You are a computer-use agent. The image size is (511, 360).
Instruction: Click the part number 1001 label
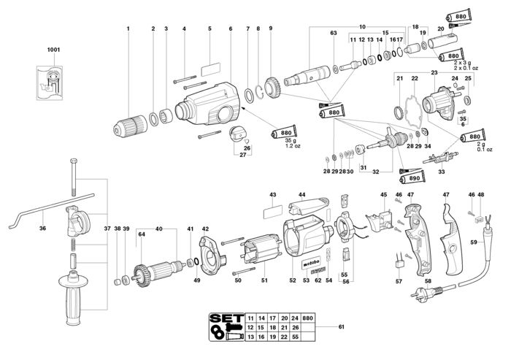click(53, 50)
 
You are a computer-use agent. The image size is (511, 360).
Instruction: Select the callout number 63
click(333, 34)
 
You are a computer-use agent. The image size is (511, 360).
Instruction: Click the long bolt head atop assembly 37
click(72, 160)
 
